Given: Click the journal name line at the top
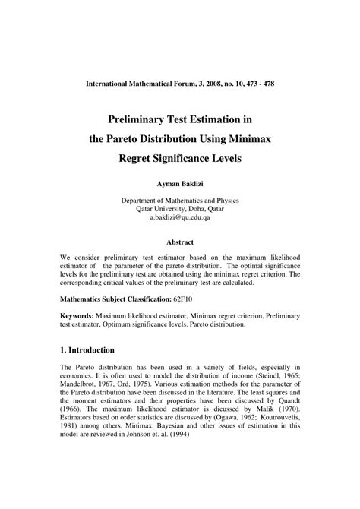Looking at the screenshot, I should (180, 83).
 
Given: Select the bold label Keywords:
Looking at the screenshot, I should (78, 315).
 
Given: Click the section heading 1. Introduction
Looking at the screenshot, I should (87, 350).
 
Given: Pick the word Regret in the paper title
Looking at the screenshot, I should (139, 160).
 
